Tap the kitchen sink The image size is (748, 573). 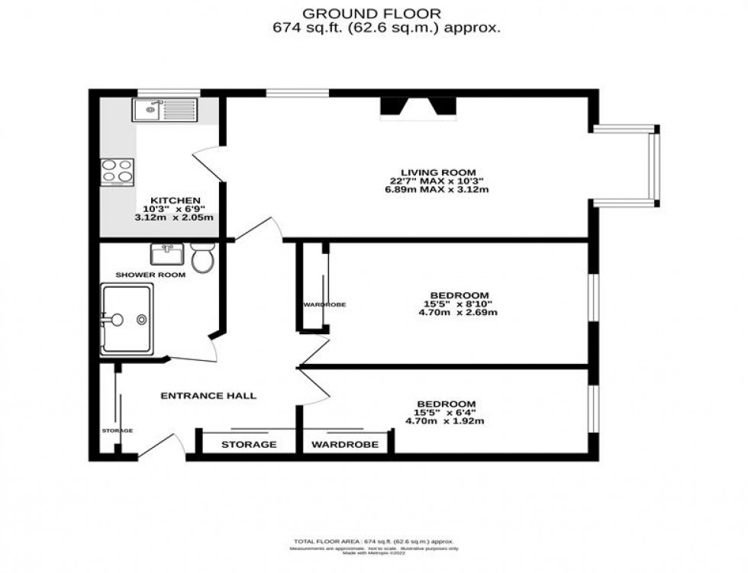(x=164, y=111)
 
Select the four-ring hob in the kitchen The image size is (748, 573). (x=116, y=172)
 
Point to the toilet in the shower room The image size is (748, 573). (x=202, y=258)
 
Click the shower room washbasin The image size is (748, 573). (x=166, y=253)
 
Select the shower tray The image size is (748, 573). (x=127, y=319)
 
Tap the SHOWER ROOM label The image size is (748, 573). (x=150, y=275)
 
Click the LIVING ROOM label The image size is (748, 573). (x=438, y=172)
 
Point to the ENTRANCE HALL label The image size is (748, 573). (x=208, y=395)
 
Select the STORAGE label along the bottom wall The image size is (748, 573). (x=249, y=444)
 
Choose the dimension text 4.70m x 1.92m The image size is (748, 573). (x=444, y=421)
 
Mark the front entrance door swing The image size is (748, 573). (x=164, y=444)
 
